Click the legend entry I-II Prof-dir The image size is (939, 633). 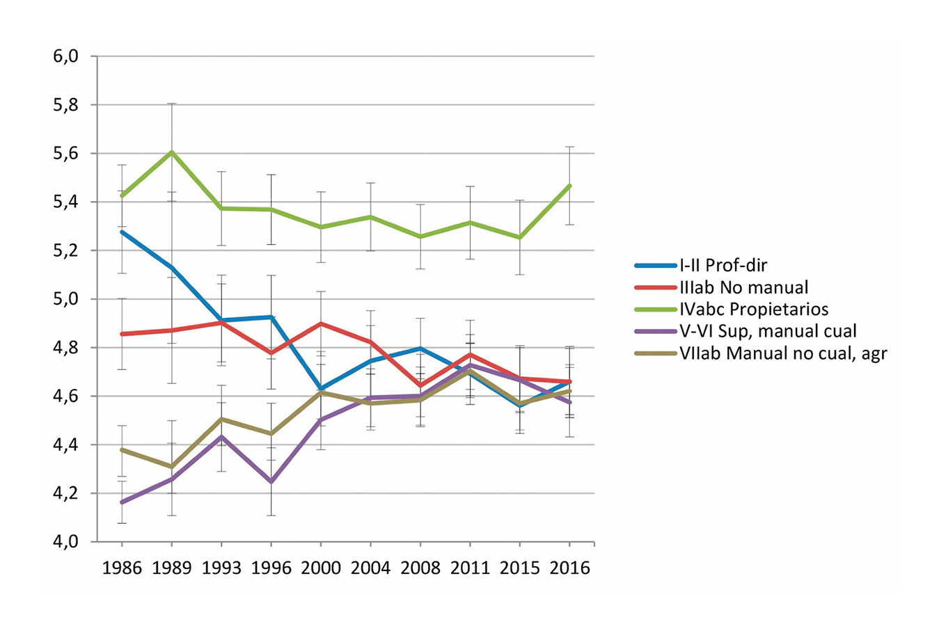(x=723, y=265)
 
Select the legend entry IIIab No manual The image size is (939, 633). (x=743, y=287)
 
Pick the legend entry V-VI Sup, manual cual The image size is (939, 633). (x=768, y=331)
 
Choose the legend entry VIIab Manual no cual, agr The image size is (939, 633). (x=783, y=353)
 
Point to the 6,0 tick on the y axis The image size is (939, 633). (x=65, y=56)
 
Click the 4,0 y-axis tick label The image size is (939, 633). (x=65, y=542)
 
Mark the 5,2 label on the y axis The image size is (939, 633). (x=65, y=250)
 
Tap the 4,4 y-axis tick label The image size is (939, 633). (x=65, y=444)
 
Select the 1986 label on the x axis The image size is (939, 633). (x=122, y=568)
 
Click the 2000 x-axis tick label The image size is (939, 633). (x=321, y=568)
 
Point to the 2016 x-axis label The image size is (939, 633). (x=569, y=568)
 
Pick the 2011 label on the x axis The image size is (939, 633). (x=470, y=568)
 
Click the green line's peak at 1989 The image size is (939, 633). (x=171, y=152)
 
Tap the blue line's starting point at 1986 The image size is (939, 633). (x=123, y=232)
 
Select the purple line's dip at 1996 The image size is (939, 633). (x=271, y=481)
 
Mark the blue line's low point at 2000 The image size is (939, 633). (x=321, y=389)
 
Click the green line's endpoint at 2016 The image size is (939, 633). (x=570, y=186)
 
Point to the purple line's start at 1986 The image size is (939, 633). (x=123, y=502)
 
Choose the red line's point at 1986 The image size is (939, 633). (x=123, y=334)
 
